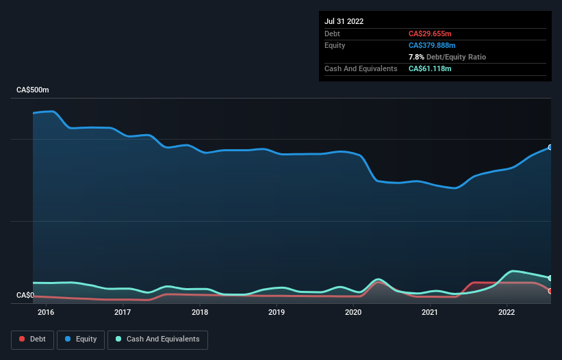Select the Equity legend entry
(x=80, y=339)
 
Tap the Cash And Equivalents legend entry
(x=157, y=339)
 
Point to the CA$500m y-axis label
(x=33, y=90)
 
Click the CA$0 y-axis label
(x=25, y=296)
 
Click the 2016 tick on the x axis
(x=46, y=313)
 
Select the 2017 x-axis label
(x=123, y=313)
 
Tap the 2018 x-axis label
(x=200, y=313)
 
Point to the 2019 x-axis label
(x=277, y=313)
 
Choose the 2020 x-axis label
(x=353, y=313)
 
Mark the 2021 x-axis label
(x=430, y=313)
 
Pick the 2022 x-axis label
(x=507, y=313)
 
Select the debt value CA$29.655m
(x=430, y=34)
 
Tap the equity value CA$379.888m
(x=433, y=45)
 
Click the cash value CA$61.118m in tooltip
(x=430, y=68)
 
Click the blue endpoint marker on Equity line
(x=550, y=147)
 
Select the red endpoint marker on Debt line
(x=550, y=291)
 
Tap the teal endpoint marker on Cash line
(x=550, y=278)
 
